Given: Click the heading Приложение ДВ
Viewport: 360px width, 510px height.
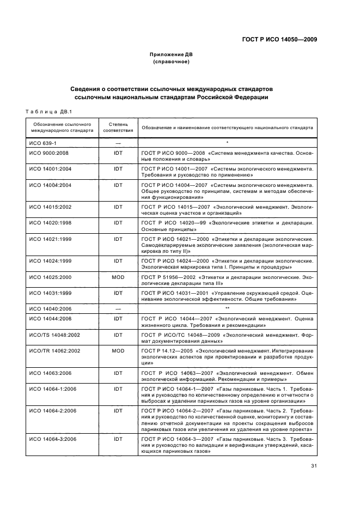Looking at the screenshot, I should [x=172, y=55].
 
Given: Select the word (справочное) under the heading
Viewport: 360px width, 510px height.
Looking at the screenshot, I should [x=172, y=62].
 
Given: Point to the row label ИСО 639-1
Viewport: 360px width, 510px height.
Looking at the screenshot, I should [x=42, y=142].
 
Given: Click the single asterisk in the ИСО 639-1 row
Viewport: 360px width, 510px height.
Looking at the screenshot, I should [x=227, y=142].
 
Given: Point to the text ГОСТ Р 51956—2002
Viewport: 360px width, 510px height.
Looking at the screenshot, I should [x=168, y=278].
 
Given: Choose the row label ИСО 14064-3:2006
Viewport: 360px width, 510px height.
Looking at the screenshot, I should [x=52, y=439].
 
